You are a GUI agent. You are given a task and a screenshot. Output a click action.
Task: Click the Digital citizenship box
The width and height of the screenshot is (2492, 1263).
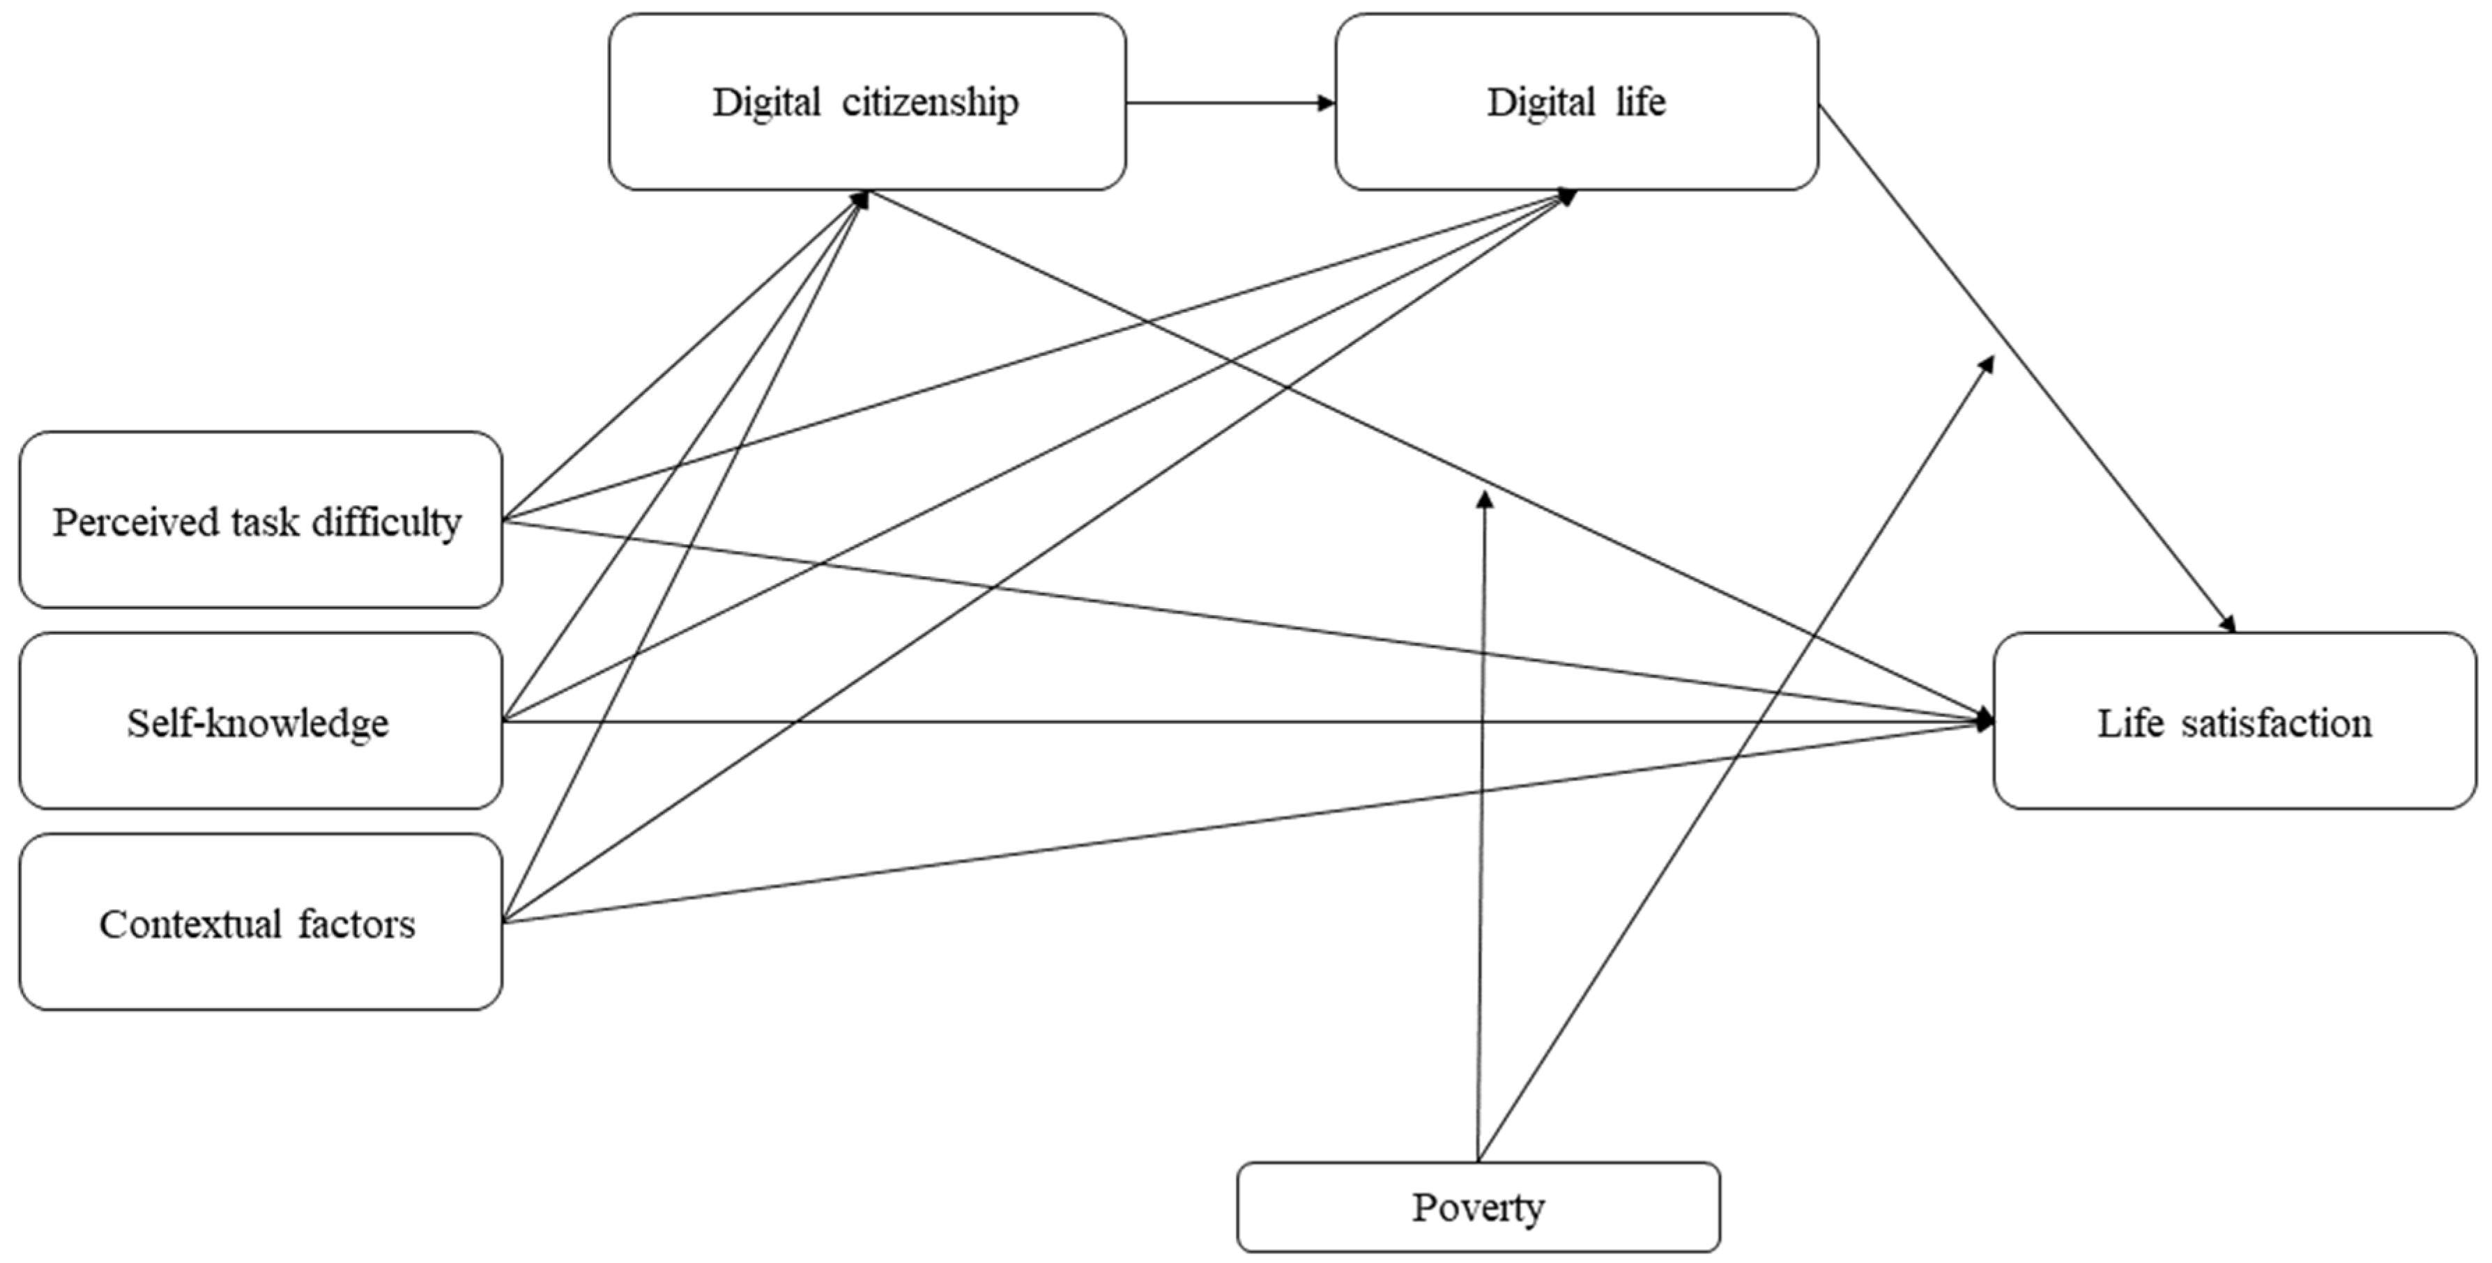point(866,102)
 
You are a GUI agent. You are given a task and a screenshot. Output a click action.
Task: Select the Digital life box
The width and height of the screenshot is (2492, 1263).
point(1576,102)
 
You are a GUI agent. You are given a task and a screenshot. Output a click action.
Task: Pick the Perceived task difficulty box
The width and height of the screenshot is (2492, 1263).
point(260,520)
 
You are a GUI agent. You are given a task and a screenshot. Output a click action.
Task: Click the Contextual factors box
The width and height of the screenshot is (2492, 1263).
point(260,922)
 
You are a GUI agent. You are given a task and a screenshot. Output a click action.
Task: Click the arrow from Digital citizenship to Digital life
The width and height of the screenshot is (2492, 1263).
point(1229,102)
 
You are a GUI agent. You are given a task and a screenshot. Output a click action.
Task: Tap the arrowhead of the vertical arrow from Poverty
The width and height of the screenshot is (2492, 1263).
point(1485,499)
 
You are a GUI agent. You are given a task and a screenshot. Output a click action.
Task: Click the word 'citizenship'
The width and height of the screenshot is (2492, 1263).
point(930,102)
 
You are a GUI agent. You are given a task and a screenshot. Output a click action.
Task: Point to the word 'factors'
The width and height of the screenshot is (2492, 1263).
point(356,924)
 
